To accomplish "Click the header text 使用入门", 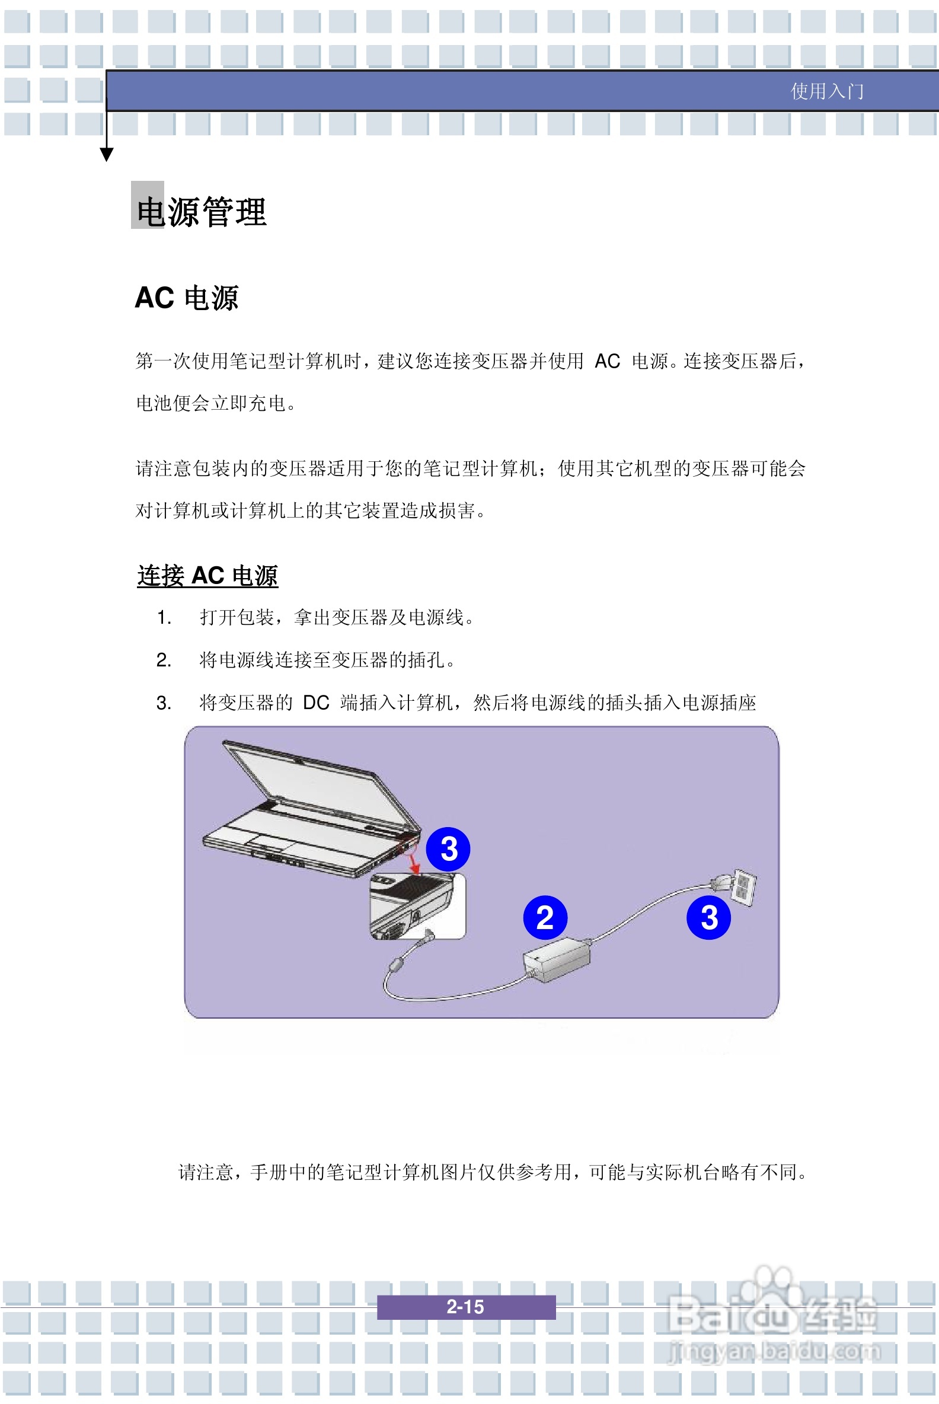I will tap(826, 91).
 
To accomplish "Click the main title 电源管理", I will tap(201, 212).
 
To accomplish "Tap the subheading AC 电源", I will tap(186, 298).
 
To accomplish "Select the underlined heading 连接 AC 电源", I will tap(207, 576).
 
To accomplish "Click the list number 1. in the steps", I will tap(164, 618).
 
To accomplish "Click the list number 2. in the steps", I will tap(164, 660).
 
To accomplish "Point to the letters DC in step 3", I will tap(315, 703).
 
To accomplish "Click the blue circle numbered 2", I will tap(544, 918).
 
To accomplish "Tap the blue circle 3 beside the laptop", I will tap(448, 849).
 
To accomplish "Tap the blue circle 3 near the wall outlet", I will tap(708, 918).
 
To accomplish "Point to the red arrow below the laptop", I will tap(413, 863).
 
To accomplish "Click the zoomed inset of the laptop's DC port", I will tap(417, 906).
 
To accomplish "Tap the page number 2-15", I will tap(465, 1306).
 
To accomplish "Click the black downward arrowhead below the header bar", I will tap(107, 155).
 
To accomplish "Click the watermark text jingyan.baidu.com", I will tap(774, 1351).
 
